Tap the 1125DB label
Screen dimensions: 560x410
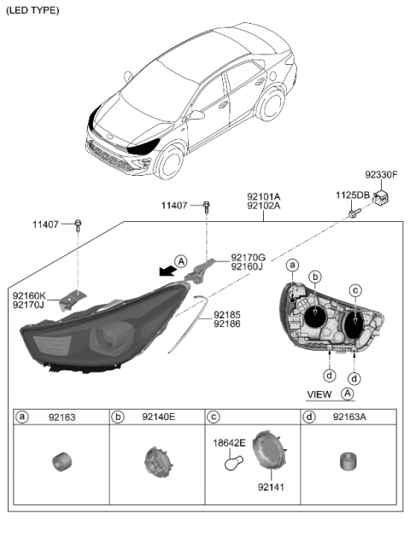[351, 195]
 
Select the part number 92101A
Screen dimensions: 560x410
[264, 195]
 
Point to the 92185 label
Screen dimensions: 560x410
[227, 314]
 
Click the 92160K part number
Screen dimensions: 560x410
[28, 295]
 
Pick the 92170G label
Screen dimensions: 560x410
[248, 256]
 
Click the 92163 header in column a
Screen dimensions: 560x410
[62, 417]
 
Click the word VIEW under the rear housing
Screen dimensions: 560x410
[319, 394]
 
